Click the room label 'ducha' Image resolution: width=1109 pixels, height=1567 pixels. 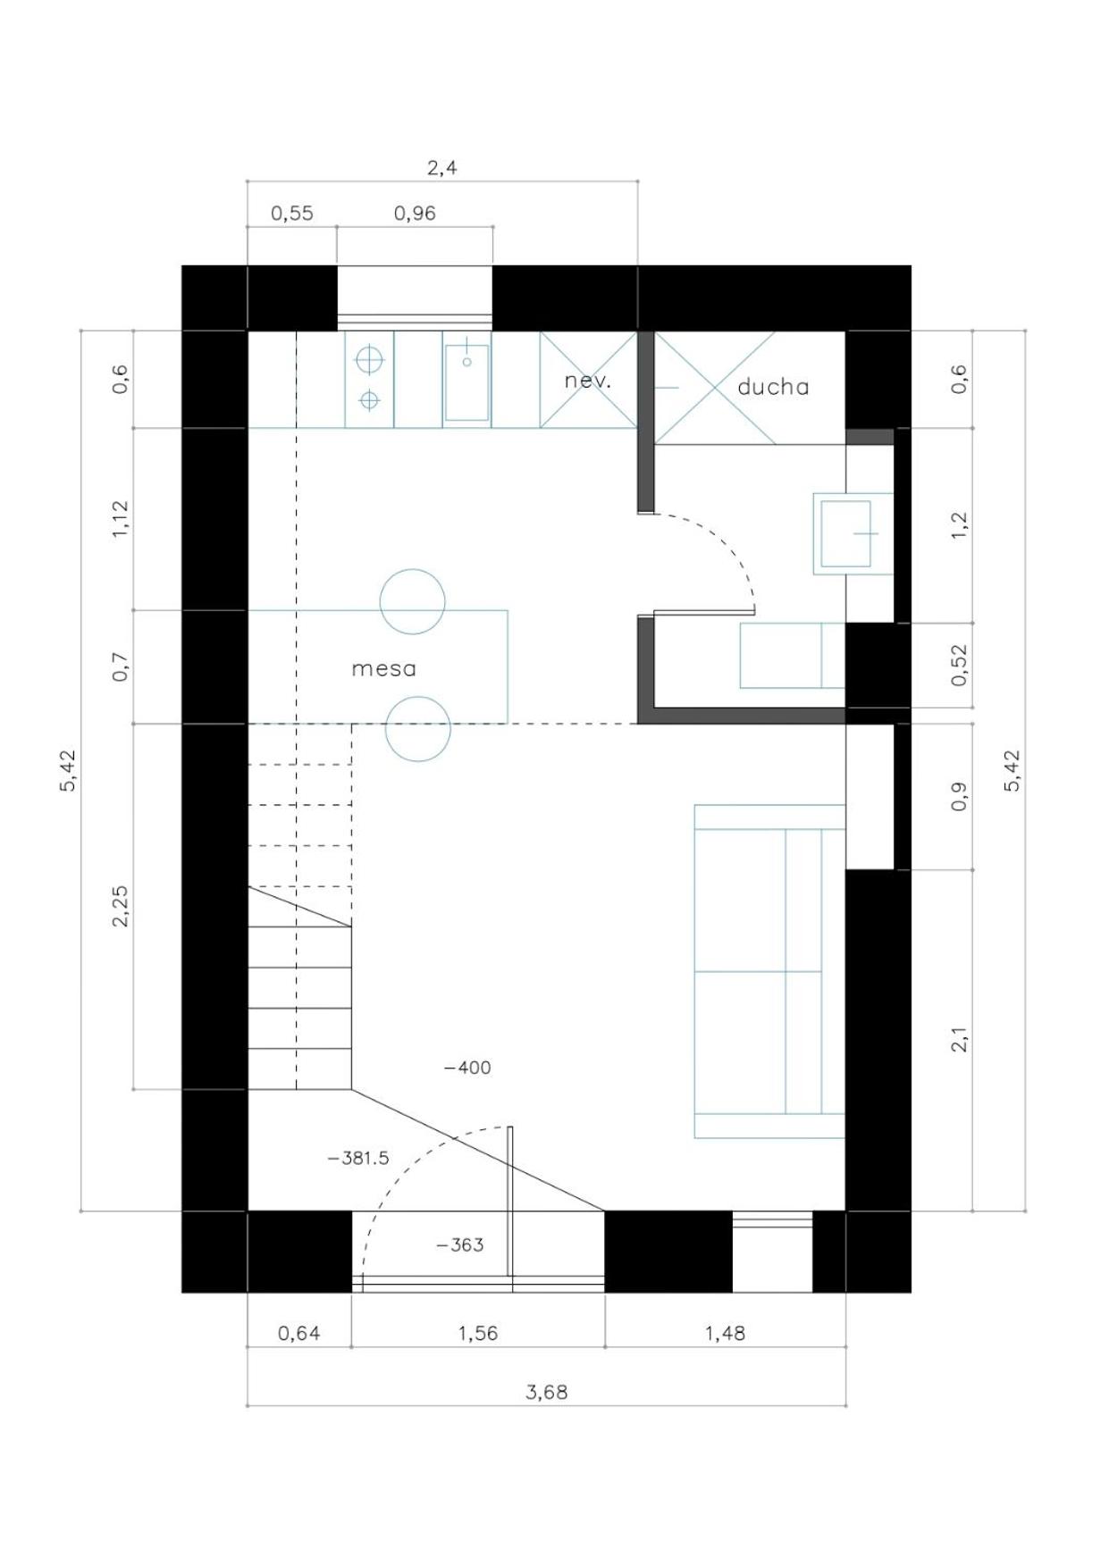(x=773, y=387)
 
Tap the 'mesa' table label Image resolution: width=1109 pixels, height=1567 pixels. (x=383, y=669)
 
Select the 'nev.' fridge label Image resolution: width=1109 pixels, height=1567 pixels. (x=587, y=381)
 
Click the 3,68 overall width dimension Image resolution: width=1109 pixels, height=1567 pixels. (x=546, y=1392)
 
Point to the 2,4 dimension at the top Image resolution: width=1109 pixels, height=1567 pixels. (x=441, y=167)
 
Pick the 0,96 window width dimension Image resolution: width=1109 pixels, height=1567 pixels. (x=415, y=214)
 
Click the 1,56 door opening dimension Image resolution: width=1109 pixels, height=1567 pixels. (x=477, y=1333)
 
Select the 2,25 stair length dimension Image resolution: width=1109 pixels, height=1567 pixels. (x=120, y=906)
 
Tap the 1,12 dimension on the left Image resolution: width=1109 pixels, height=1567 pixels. (x=120, y=519)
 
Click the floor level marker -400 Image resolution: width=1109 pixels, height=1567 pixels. (x=467, y=1068)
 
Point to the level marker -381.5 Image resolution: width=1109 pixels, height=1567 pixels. (x=358, y=1159)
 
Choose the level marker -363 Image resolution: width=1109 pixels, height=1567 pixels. (x=460, y=1245)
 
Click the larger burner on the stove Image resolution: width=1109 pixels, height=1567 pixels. (x=369, y=360)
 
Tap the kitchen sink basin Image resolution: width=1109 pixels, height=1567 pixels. (x=466, y=382)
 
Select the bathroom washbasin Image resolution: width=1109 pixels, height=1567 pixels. (x=845, y=533)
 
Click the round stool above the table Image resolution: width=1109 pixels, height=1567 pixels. (x=413, y=601)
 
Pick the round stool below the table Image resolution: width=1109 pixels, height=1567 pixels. (x=417, y=729)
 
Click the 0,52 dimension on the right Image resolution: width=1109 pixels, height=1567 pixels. (x=959, y=666)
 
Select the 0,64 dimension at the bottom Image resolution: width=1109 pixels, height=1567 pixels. (x=298, y=1333)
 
